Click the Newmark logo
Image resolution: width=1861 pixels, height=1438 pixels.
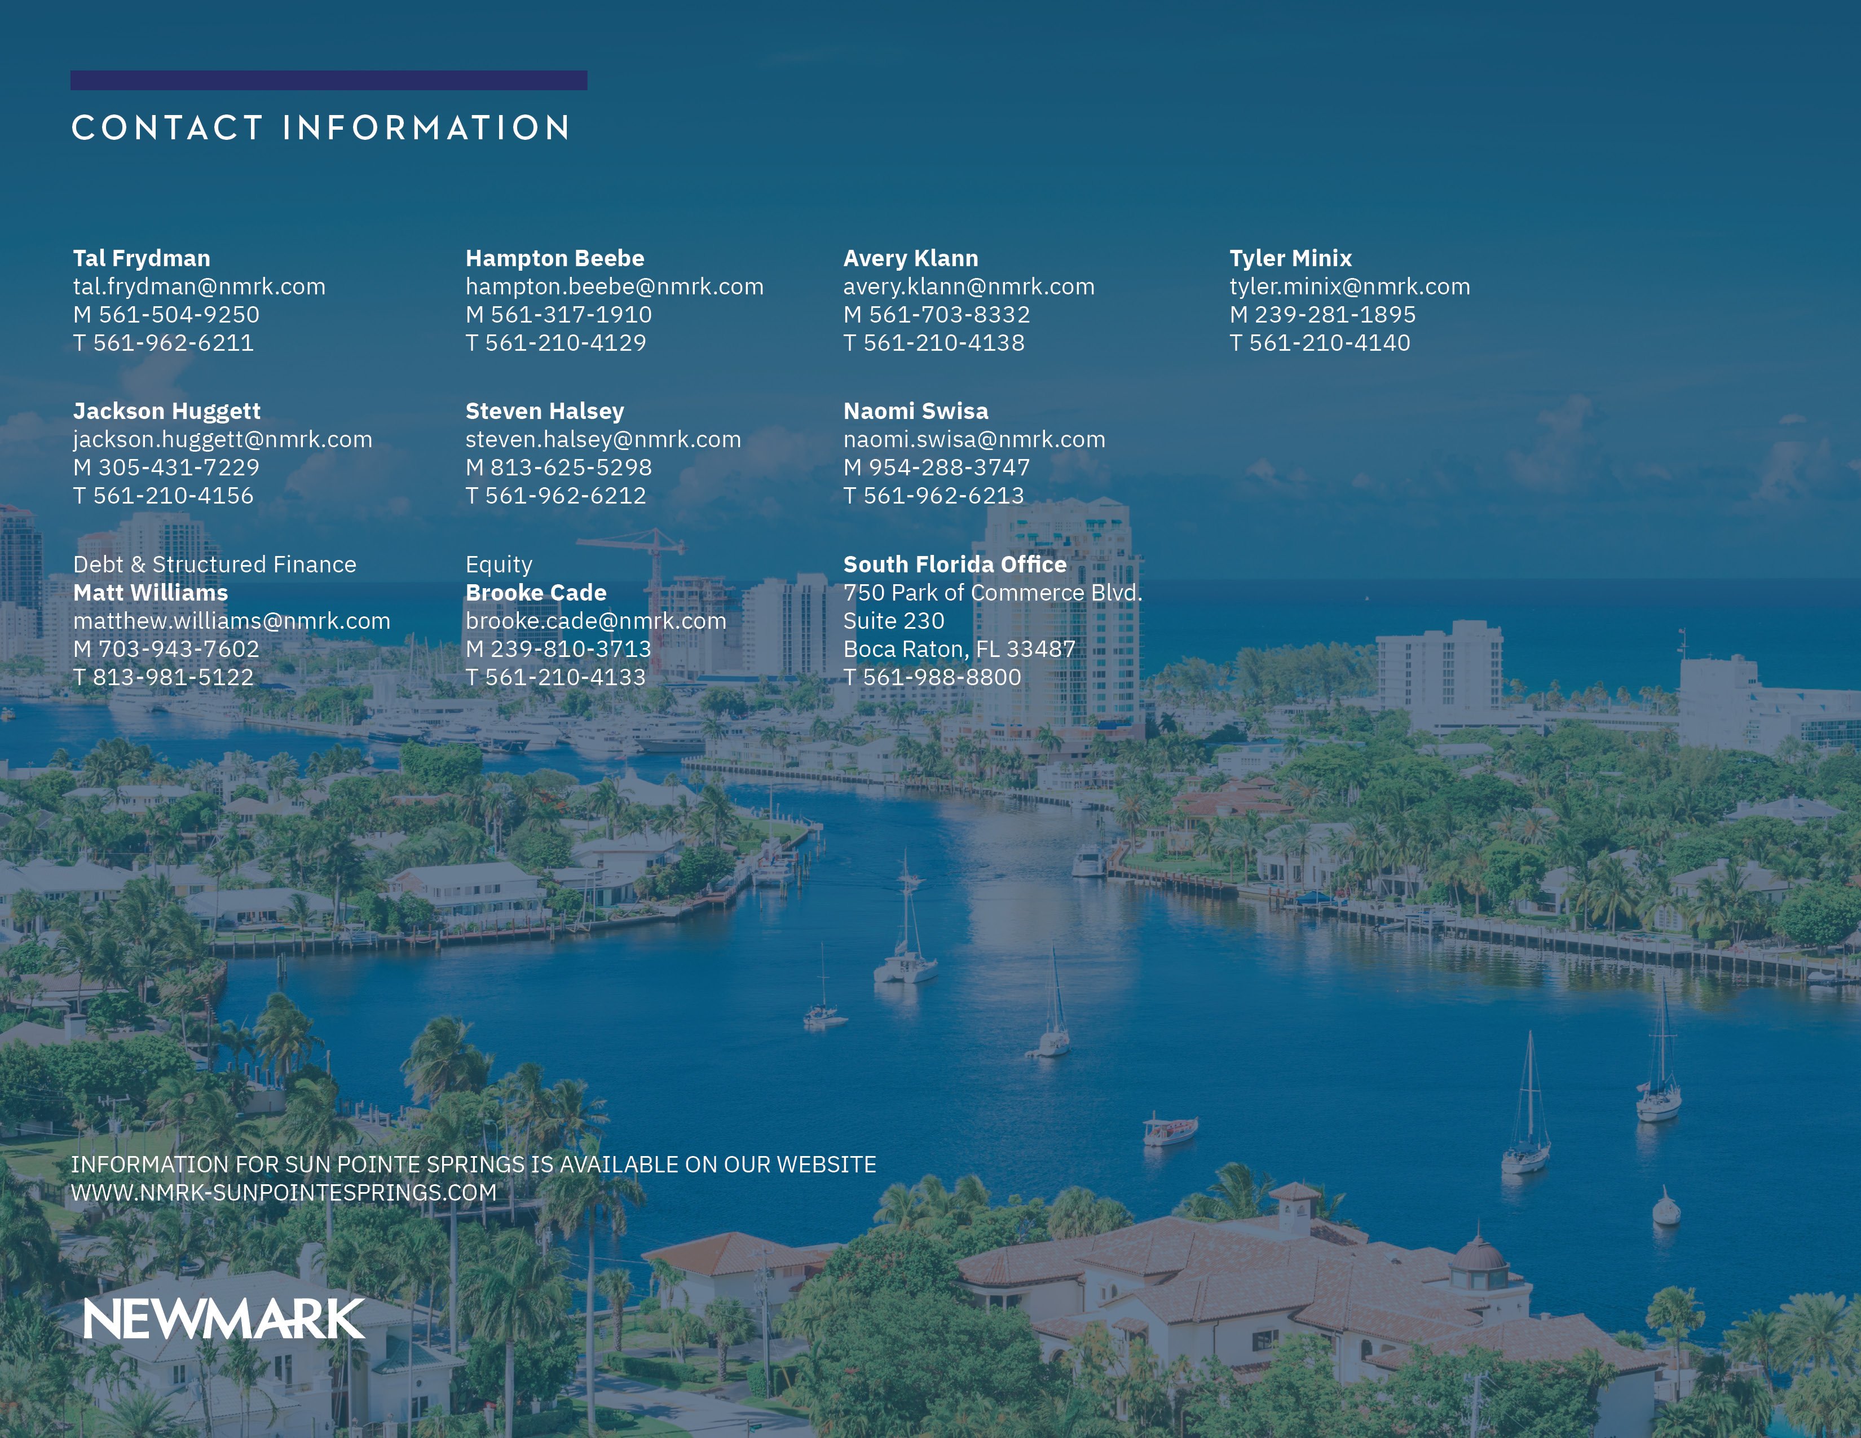(x=224, y=1319)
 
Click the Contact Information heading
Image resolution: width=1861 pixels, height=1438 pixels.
(x=320, y=128)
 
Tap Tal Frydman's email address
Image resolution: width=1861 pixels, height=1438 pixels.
(x=200, y=286)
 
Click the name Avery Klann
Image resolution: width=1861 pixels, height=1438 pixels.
(x=911, y=258)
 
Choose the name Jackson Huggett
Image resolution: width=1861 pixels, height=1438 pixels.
(x=167, y=412)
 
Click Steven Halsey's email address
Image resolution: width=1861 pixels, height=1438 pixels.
(x=603, y=440)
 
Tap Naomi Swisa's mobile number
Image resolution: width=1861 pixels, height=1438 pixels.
(x=937, y=467)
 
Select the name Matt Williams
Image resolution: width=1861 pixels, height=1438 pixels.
(x=151, y=592)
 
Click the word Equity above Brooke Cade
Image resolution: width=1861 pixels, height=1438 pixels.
(x=499, y=565)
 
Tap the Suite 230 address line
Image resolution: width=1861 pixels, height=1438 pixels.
(x=894, y=620)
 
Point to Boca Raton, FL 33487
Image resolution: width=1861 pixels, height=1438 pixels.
(x=959, y=649)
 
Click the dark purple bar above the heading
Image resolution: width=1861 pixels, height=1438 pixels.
(x=329, y=80)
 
